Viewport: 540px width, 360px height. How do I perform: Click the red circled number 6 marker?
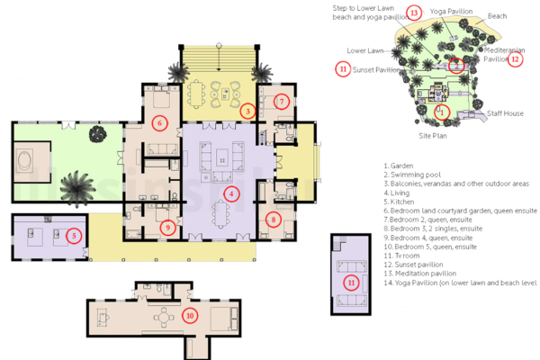pyautogui.click(x=159, y=123)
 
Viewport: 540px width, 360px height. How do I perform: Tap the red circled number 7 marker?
pyautogui.click(x=282, y=102)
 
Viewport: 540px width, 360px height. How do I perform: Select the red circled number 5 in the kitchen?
pyautogui.click(x=76, y=236)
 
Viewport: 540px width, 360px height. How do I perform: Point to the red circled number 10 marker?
pyautogui.click(x=189, y=315)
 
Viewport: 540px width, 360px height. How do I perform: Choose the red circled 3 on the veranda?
pyautogui.click(x=247, y=111)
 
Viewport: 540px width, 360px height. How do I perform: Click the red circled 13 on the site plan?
pyautogui.click(x=413, y=13)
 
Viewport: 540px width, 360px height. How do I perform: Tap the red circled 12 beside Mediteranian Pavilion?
pyautogui.click(x=515, y=59)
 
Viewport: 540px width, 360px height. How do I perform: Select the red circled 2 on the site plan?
pyautogui.click(x=456, y=65)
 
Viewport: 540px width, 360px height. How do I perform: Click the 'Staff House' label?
pyautogui.click(x=506, y=113)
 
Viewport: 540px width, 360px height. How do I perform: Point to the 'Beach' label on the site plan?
pyautogui.click(x=497, y=16)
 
